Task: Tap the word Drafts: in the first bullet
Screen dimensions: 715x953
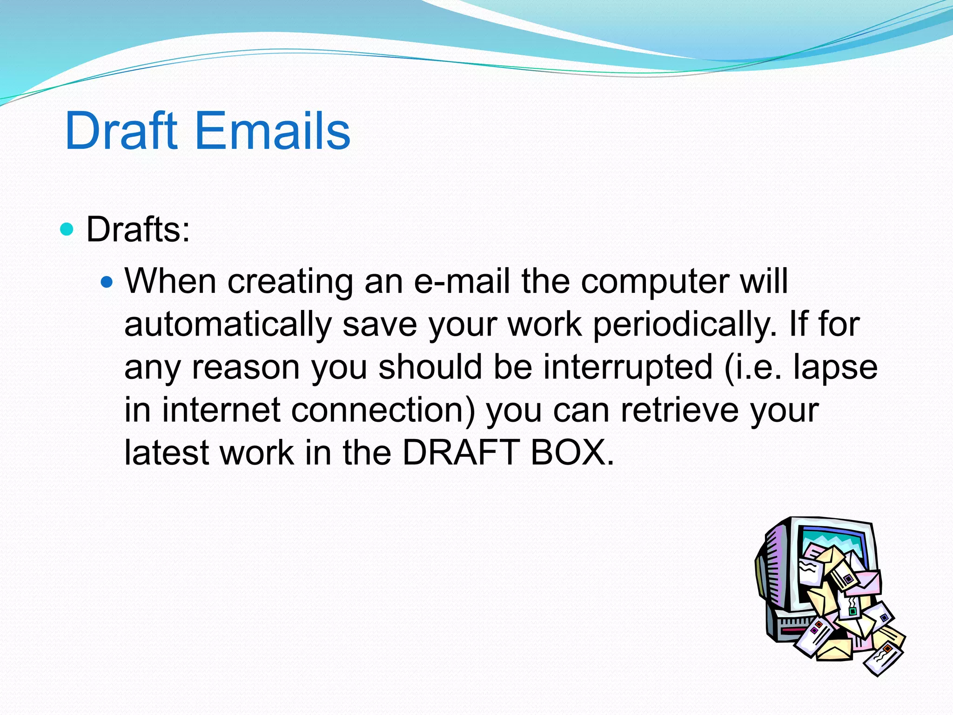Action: coord(138,229)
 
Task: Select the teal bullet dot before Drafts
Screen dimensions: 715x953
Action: coord(67,229)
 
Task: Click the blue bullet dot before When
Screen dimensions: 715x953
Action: coord(107,282)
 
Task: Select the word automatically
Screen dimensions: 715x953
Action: coord(228,324)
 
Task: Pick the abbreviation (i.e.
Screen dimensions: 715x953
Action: coord(753,367)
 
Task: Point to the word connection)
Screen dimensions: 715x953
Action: coord(383,410)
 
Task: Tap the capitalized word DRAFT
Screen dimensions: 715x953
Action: coord(461,452)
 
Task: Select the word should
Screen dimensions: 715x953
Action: coord(430,367)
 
